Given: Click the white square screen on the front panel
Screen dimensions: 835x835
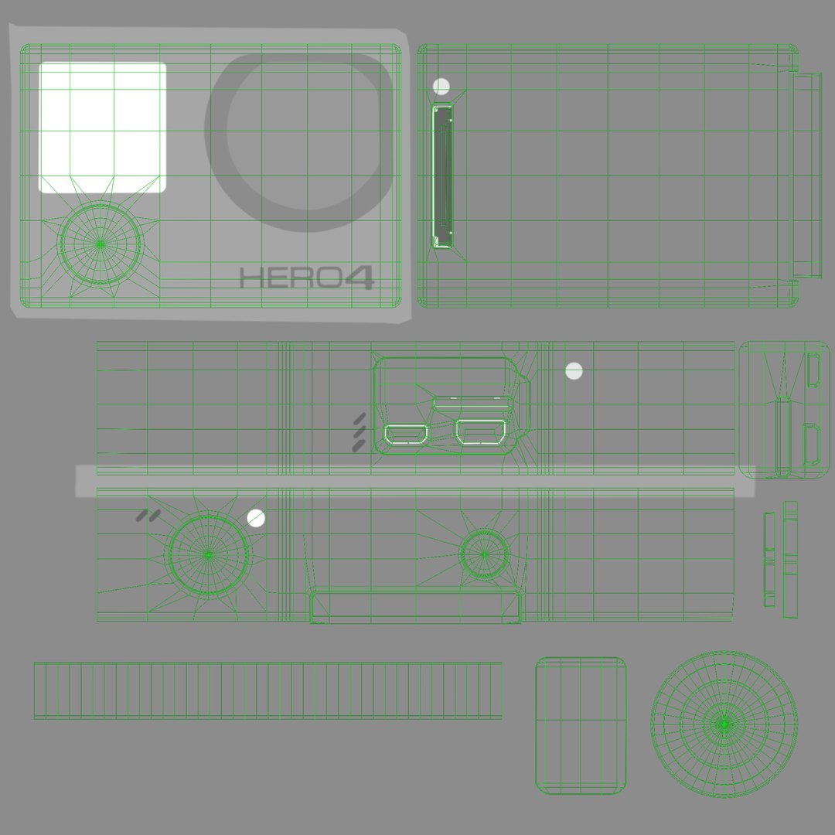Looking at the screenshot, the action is point(102,128).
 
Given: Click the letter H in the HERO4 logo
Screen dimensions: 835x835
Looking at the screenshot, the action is point(250,278).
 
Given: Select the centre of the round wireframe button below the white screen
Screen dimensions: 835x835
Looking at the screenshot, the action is point(100,244).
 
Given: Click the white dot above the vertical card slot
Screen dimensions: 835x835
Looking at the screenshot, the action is point(441,87).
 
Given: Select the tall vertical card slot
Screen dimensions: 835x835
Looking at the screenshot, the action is point(442,177).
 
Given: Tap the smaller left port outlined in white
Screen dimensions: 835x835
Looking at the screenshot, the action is point(406,434).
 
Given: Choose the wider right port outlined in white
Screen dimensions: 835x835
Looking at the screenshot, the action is point(480,432).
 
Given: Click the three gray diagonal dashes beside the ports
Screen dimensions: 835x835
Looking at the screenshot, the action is point(360,432).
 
